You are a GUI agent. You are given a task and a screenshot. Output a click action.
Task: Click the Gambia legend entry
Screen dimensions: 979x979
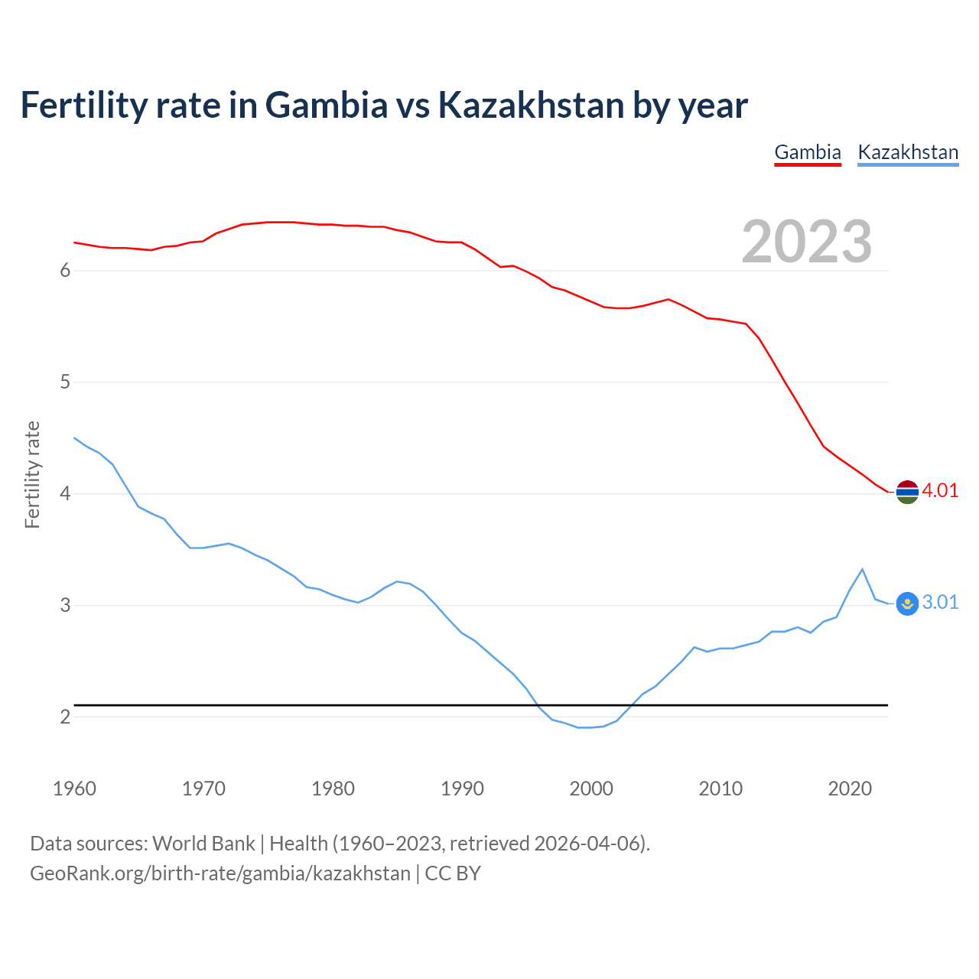(808, 152)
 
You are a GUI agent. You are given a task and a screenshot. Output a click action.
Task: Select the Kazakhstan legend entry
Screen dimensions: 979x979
(908, 152)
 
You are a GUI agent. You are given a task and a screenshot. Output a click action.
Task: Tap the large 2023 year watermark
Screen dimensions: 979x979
(807, 242)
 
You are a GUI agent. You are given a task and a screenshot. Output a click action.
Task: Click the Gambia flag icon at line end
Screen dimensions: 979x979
(907, 492)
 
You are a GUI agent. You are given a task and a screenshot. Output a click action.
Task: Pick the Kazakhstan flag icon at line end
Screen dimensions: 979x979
(907, 603)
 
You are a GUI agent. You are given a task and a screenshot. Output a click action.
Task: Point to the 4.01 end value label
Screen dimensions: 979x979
(940, 491)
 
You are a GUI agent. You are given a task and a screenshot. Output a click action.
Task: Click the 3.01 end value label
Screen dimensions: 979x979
(940, 603)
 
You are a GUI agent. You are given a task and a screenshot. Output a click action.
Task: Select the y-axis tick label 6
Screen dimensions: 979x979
(65, 271)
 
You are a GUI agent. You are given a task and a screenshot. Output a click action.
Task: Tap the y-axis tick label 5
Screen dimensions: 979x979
(65, 382)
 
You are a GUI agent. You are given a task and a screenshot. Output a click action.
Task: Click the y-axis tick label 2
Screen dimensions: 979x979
(65, 717)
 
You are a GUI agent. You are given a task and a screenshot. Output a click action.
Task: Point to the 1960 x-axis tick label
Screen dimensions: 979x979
(74, 789)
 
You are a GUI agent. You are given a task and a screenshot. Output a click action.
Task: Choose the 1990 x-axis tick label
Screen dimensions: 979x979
(462, 789)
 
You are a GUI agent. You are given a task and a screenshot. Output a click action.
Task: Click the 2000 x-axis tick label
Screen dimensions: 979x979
(591, 789)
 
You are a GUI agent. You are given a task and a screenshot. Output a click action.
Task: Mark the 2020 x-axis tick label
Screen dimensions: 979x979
(850, 789)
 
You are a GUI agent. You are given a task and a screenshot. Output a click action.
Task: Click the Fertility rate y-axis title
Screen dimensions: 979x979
(32, 474)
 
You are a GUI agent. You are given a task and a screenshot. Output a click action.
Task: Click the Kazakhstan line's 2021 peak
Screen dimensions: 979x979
(862, 569)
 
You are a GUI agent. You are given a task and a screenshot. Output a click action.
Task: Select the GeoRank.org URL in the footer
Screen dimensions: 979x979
(220, 873)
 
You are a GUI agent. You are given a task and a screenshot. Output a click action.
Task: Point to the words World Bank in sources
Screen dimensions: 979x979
(203, 844)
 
